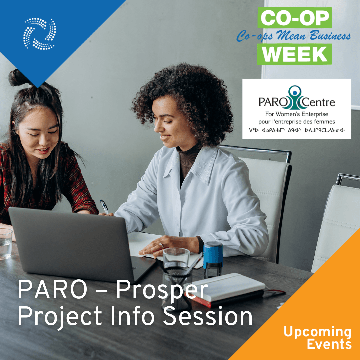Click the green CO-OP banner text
point(295,18)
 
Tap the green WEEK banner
point(295,54)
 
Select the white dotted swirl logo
point(39,34)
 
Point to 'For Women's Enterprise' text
point(297,114)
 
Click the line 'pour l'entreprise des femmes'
point(297,122)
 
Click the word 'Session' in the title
point(207,316)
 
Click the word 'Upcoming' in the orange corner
point(318,332)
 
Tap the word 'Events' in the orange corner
point(329,344)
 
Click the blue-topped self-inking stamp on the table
point(213,259)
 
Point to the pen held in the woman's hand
point(104,207)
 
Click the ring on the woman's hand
point(161,245)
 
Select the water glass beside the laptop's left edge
point(6,244)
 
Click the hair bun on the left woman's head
point(18,78)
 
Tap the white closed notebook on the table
point(226,287)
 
